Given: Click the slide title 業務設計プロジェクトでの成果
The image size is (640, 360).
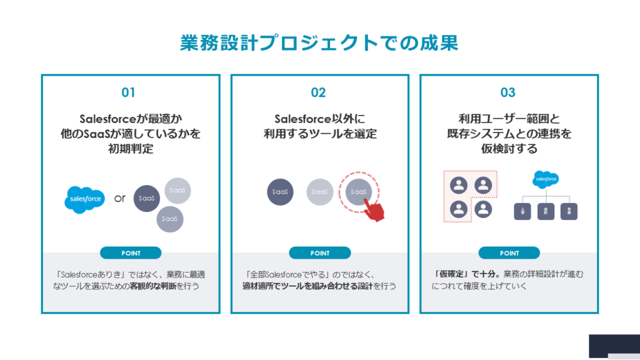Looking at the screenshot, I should point(319,42).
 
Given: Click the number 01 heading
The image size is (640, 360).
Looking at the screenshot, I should point(128,92).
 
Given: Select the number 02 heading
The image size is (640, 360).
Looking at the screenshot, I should point(318,92).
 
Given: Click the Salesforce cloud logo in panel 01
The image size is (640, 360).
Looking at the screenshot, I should point(86,199).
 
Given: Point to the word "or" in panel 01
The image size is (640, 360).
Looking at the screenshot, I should point(120,199).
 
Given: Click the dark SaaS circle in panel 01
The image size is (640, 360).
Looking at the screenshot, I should point(146,198).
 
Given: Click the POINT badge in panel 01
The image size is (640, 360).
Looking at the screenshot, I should point(131,253).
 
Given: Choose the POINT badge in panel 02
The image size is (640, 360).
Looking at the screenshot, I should point(319,253).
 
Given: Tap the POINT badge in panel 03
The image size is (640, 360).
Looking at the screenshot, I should point(509,253).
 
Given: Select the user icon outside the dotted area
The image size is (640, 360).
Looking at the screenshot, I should point(482,209).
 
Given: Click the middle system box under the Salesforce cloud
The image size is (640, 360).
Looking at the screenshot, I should point(546,211).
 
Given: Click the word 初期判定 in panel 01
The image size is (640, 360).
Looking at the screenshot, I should point(131,150).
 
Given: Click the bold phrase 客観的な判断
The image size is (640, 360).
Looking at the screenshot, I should point(146,286).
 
